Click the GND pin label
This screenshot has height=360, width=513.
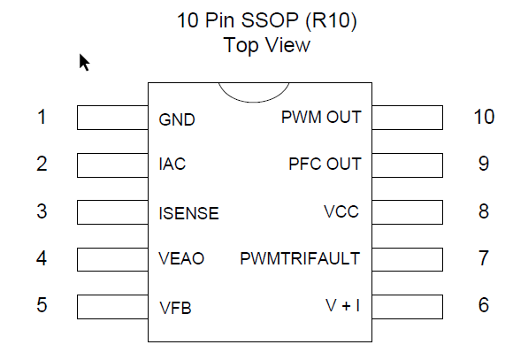(x=177, y=119)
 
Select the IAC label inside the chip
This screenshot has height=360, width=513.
(x=172, y=164)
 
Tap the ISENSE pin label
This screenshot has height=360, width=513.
(x=188, y=213)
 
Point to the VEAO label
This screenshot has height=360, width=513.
(x=181, y=258)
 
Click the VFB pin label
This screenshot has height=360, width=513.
(x=175, y=308)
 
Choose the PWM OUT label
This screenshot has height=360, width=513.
(x=321, y=117)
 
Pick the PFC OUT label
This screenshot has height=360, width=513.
(x=325, y=164)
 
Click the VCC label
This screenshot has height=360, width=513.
(x=341, y=211)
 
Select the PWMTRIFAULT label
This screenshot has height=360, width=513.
(x=300, y=258)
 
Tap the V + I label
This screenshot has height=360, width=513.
(x=342, y=306)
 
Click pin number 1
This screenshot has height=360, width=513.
(x=42, y=117)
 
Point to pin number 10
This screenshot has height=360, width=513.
(x=484, y=117)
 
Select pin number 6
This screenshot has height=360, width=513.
(x=484, y=305)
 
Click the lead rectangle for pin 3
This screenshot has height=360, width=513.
(x=112, y=212)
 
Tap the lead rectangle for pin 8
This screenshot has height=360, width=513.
(x=408, y=212)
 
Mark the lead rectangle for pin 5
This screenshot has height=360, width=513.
(x=112, y=307)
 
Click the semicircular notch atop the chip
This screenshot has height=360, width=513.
(x=254, y=102)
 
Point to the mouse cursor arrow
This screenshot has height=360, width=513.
(x=84, y=62)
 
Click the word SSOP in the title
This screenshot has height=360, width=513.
(x=270, y=20)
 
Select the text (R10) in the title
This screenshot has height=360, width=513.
(x=331, y=21)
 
